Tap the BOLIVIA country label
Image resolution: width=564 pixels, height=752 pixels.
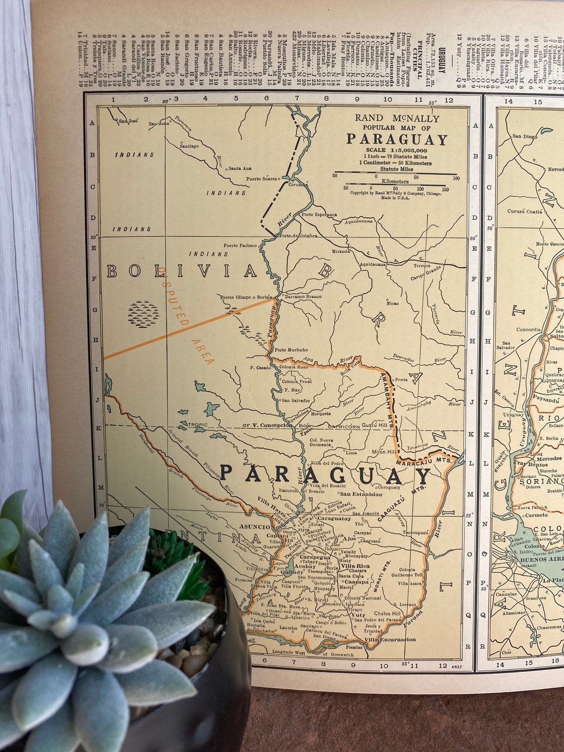[182, 271]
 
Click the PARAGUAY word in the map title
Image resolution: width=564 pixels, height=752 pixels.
[396, 139]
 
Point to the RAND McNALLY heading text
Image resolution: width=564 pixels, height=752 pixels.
[396, 119]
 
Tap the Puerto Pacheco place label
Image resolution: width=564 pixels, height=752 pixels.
[240, 245]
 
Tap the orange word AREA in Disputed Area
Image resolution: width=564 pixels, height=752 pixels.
[202, 352]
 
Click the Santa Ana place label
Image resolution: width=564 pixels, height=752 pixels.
[240, 168]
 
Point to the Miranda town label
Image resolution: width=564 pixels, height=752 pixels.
[341, 251]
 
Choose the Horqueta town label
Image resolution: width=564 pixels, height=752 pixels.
[321, 414]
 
